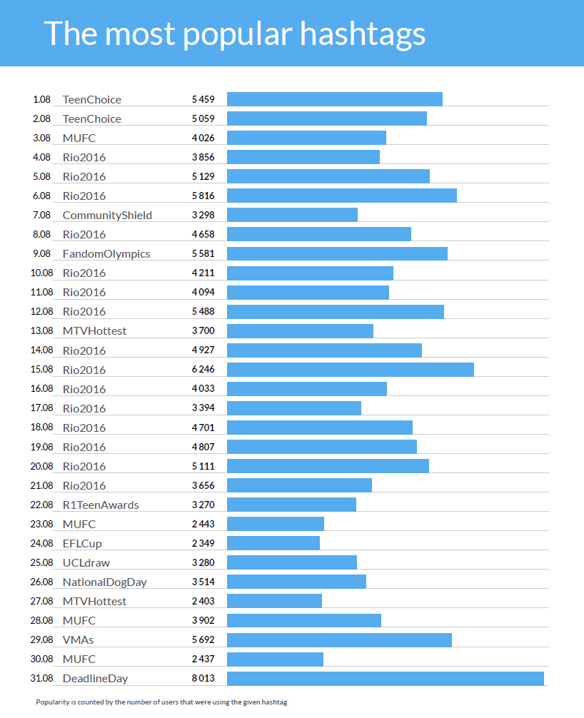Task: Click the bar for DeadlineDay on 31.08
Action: pos(386,678)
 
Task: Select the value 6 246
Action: pos(203,370)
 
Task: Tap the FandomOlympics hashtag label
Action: pos(106,254)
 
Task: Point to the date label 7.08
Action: pos(42,216)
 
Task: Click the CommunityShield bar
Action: pos(292,215)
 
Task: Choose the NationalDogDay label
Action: pos(104,582)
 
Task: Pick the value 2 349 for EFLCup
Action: pos(203,544)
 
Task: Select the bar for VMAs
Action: pos(339,639)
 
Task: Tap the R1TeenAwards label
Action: pos(101,505)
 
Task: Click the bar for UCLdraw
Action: pos(292,562)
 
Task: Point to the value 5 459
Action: pos(203,100)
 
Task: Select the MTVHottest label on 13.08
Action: pos(94,331)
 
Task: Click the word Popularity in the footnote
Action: pos(52,702)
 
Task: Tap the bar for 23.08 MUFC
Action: pos(276,524)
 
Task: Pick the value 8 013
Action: pos(203,678)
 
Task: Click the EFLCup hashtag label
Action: pos(82,544)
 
